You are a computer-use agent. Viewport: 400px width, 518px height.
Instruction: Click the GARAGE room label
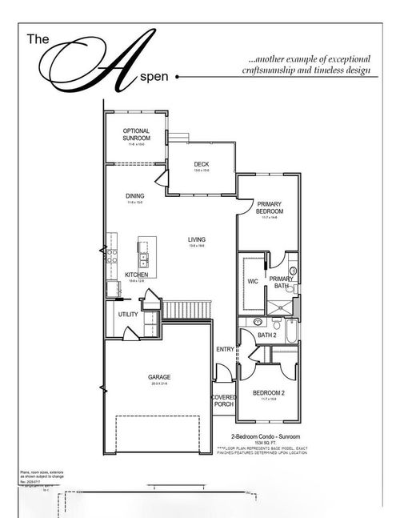(x=160, y=376)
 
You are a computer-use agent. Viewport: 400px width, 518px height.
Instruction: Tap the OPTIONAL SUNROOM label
(x=137, y=135)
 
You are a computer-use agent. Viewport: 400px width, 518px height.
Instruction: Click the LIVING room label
(x=197, y=239)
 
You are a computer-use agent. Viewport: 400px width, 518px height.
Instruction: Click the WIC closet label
(x=253, y=281)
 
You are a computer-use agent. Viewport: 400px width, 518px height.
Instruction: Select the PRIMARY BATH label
(x=281, y=282)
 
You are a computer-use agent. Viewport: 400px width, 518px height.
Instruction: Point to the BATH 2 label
(x=267, y=336)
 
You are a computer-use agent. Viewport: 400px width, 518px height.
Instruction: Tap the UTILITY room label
(x=129, y=315)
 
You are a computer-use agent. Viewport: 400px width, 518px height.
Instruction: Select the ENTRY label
(x=225, y=349)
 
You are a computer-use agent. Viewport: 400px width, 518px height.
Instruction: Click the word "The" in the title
(x=38, y=38)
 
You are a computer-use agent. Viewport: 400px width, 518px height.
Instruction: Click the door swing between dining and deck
(x=161, y=182)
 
